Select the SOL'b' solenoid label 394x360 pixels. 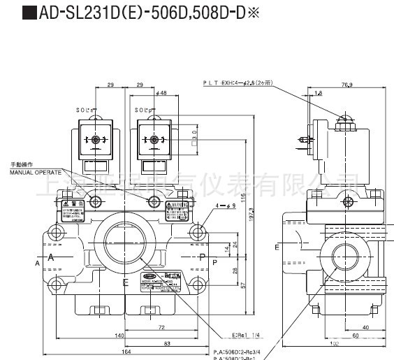point(145,110)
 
